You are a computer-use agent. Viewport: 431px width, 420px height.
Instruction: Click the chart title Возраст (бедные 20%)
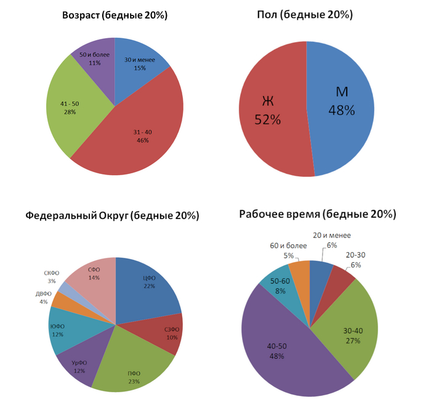tap(115, 14)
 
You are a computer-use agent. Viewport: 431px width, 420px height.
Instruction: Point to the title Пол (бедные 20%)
tap(305, 14)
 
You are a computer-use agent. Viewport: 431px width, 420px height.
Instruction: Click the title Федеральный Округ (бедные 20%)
tap(112, 216)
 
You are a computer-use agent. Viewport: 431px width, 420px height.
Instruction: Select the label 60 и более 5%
tap(288, 250)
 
